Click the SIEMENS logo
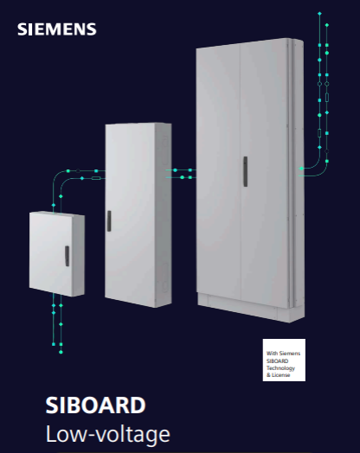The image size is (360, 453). point(56,29)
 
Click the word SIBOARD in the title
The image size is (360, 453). point(95,405)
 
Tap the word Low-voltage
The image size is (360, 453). point(108,434)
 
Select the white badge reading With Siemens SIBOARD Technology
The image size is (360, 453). point(284,360)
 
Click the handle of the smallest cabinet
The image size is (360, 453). point(67,256)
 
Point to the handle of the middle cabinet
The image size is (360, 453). point(109,221)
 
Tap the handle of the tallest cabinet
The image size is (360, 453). point(245,172)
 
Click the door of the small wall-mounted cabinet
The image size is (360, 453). point(51,252)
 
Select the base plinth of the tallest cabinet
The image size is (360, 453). point(251,308)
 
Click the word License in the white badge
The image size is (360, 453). point(280,375)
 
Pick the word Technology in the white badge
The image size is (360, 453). point(280,368)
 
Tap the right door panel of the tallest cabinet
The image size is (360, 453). point(265,174)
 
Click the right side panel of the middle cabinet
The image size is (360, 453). point(164,215)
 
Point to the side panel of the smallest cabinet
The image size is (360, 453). point(79,255)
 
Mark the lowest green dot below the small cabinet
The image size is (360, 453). point(61,352)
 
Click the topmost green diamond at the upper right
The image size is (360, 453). point(319,13)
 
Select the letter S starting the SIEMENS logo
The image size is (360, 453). point(22,29)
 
